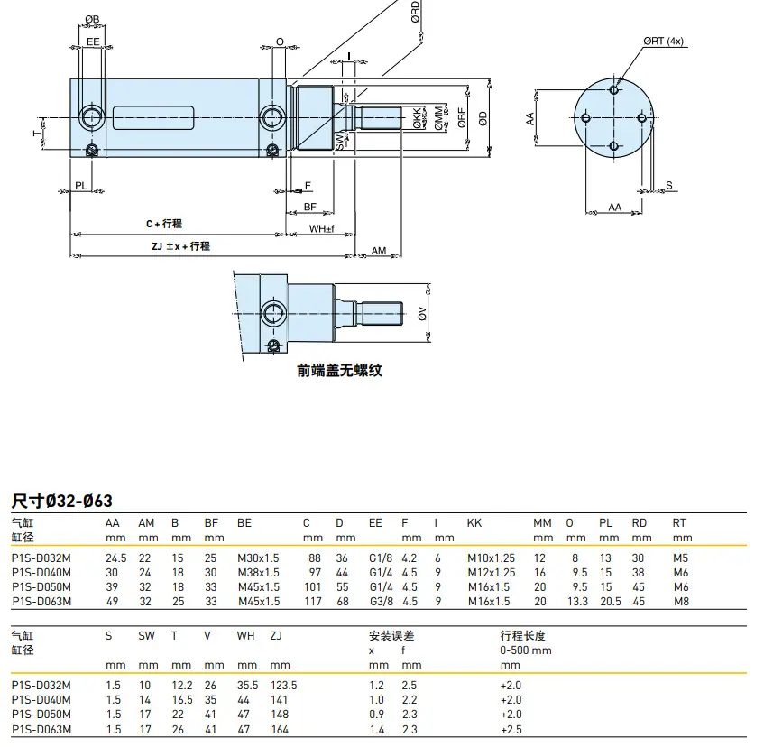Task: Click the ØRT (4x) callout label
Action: point(663,41)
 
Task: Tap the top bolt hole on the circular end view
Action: point(613,89)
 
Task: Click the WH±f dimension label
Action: point(321,228)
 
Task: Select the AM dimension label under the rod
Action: point(379,251)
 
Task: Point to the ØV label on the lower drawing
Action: point(422,314)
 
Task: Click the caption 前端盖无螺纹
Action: point(340,370)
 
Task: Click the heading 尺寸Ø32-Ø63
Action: point(62,501)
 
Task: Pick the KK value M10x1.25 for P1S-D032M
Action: point(491,558)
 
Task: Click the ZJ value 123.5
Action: point(284,686)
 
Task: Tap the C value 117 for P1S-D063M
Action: point(313,602)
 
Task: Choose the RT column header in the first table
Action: point(679,523)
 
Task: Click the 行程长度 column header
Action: point(522,635)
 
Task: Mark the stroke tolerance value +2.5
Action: point(511,729)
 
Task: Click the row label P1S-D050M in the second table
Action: point(41,714)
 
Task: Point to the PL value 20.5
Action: point(611,602)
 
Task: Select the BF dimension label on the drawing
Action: point(309,207)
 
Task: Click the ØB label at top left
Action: point(92,19)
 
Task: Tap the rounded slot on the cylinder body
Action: point(153,118)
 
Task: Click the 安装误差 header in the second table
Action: point(392,635)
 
